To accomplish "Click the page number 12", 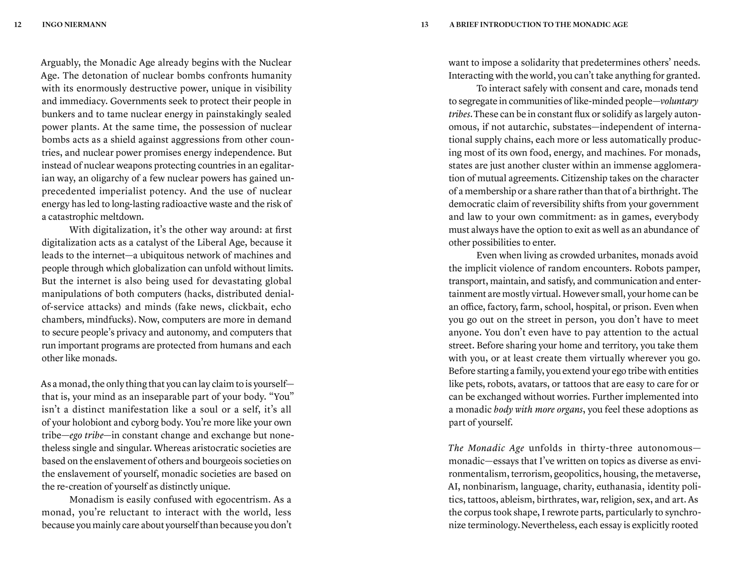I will [18, 25].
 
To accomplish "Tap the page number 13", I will [425, 25].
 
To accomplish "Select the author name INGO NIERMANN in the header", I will [74, 25].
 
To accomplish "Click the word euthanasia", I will [619, 487].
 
